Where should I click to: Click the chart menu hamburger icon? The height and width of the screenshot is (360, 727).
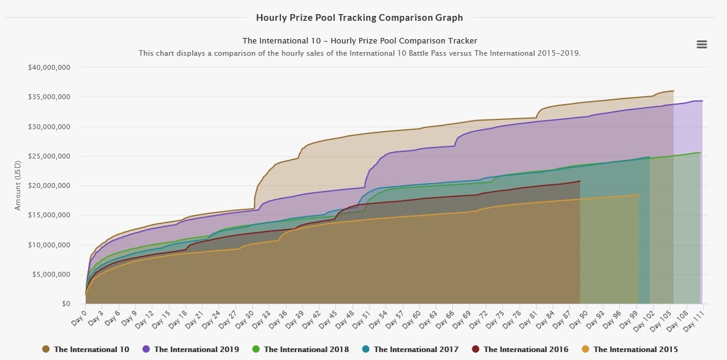pos(702,45)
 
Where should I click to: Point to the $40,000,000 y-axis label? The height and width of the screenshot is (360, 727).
pos(50,67)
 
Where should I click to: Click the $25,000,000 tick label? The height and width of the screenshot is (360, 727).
pos(50,156)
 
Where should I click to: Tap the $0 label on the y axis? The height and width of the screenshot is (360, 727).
pos(65,304)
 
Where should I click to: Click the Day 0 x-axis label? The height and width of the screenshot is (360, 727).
pos(79,317)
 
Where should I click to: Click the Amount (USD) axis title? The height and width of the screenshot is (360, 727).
pos(18,185)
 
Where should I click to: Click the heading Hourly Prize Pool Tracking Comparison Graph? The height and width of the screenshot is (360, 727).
pos(359,18)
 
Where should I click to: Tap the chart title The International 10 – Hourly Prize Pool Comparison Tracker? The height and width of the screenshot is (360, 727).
pos(359,41)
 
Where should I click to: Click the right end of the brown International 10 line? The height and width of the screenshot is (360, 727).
pos(673,91)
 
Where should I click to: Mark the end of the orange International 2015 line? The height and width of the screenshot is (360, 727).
pos(639,195)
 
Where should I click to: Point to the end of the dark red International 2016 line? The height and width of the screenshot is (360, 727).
pos(580,181)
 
